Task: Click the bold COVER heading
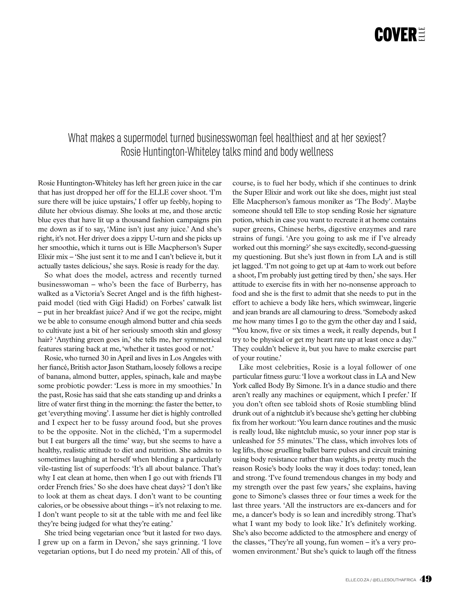pyautogui.click(x=395, y=35)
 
